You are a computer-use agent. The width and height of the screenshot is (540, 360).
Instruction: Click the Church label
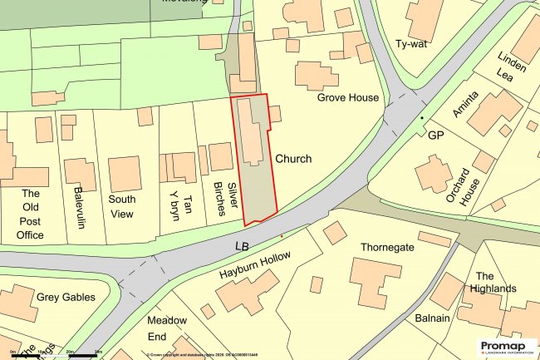tap(293, 159)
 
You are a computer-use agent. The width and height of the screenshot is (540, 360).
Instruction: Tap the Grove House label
tap(347, 97)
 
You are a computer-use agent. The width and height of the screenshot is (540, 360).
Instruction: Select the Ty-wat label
tap(411, 44)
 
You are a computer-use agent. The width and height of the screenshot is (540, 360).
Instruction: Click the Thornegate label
tap(386, 248)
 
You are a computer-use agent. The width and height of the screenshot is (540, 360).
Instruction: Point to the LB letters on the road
tap(242, 246)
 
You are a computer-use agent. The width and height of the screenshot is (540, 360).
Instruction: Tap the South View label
tap(122, 206)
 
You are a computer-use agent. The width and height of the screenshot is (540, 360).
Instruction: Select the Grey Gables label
tap(66, 297)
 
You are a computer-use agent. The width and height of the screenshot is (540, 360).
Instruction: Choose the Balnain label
tap(432, 319)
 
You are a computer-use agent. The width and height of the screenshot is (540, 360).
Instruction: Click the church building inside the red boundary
tap(249, 133)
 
